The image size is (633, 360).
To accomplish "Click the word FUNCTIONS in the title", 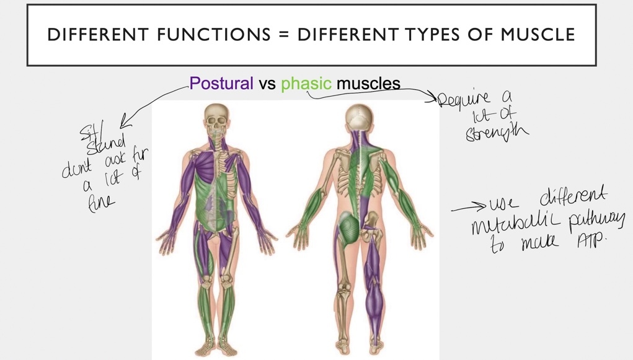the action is point(213,35).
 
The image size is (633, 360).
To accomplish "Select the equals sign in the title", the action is point(284,35).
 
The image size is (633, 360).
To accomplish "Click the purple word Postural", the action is point(221,84).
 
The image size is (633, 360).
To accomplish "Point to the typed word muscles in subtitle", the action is point(368,84).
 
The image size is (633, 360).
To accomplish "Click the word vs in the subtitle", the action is point(267,84).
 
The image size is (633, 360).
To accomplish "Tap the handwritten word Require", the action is point(464,99).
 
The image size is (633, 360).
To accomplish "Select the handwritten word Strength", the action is point(497,133).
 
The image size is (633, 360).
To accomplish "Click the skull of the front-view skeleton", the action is point(217,118).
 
